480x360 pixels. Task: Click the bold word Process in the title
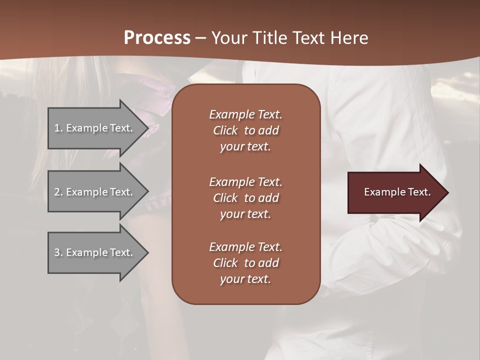(x=157, y=37)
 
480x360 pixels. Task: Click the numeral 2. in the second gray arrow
(x=58, y=192)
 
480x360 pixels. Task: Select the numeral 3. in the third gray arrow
(x=58, y=252)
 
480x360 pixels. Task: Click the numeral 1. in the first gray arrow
(x=58, y=128)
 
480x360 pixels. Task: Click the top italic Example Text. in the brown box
(x=245, y=114)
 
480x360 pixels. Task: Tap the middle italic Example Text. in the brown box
(x=245, y=181)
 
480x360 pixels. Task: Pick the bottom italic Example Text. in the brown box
(x=245, y=247)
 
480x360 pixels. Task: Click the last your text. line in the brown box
(x=245, y=279)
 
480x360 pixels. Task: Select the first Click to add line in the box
(x=245, y=130)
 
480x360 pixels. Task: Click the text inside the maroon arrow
(x=397, y=192)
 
